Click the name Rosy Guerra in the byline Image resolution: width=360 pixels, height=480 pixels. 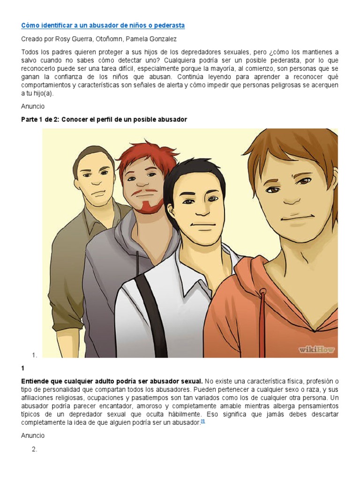pos(71,39)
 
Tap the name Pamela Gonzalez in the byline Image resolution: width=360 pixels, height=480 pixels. pos(152,39)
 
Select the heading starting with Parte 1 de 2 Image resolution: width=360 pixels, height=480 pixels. pos(104,120)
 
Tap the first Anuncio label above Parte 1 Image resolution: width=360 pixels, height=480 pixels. pos(33,106)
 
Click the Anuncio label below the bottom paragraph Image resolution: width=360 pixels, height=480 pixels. pos(33,435)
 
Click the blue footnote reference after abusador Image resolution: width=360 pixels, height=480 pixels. pos(203,421)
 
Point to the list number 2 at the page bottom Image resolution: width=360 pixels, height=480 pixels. pos(34,450)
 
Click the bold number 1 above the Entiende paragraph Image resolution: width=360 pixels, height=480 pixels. pos(23,369)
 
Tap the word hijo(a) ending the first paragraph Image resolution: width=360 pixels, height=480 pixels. pos(41,93)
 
